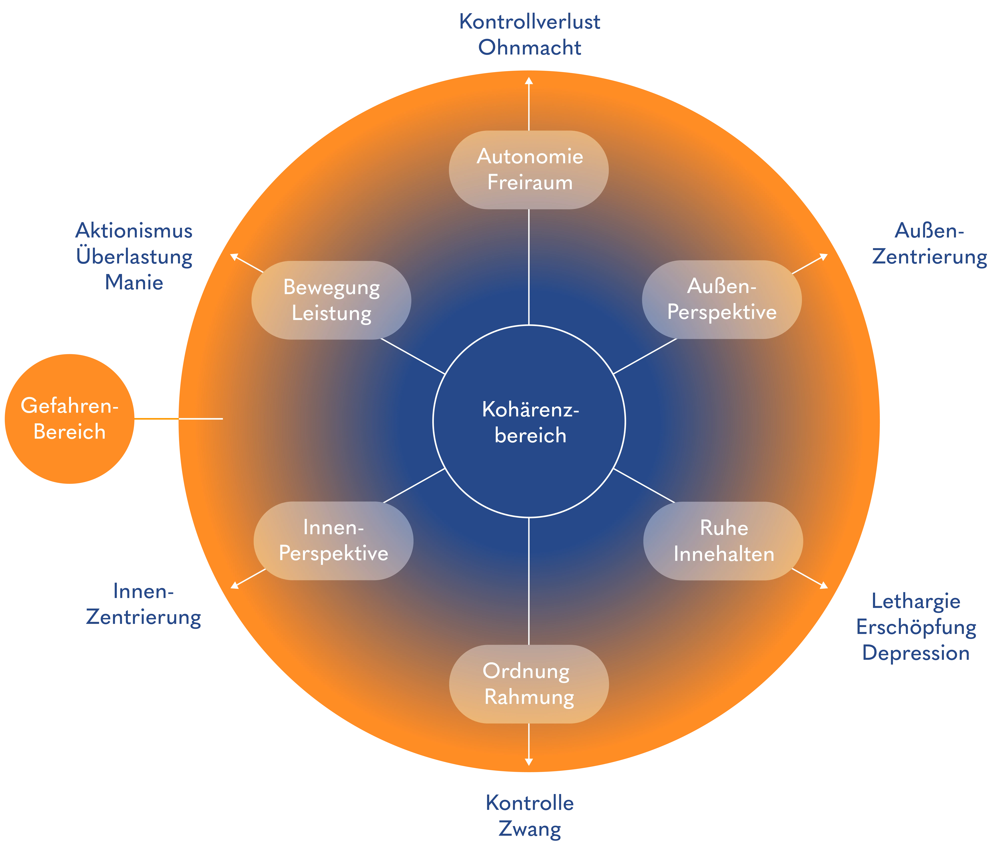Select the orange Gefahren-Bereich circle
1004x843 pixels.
pos(69,419)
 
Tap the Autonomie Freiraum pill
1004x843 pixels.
pos(529,170)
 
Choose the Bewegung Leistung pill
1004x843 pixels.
pos(331,300)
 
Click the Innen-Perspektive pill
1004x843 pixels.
pos(333,541)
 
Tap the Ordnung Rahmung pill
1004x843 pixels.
pos(529,684)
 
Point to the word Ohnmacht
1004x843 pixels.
pos(529,48)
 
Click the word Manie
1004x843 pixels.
pos(134,282)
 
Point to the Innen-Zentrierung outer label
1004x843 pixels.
pos(143,604)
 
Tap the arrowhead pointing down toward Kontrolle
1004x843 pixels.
pos(529,762)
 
